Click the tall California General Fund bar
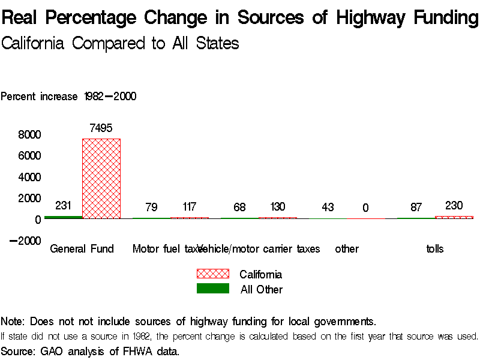[101, 178]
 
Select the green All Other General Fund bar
[63, 217]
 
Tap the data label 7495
[101, 128]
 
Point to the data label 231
[63, 205]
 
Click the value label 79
[151, 207]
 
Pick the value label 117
[189, 207]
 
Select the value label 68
[239, 207]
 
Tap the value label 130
[277, 207]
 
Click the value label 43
[328, 207]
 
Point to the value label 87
[416, 207]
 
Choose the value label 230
[454, 205]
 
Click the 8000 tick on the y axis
[29, 134]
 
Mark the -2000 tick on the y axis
[25, 241]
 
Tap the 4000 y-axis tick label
[29, 177]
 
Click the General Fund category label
[82, 249]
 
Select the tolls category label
[434, 249]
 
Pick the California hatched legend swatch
[213, 274]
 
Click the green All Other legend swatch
[213, 289]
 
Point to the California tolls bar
[454, 217]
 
